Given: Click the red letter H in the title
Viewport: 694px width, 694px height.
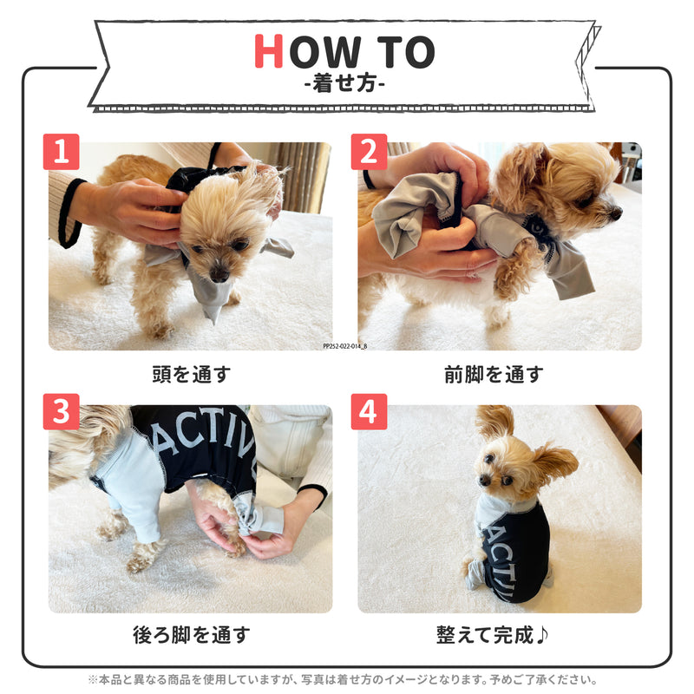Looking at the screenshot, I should click(269, 52).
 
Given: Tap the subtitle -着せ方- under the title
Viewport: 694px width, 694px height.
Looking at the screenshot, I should click(346, 85).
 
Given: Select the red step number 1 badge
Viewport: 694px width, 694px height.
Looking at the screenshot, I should click(61, 152).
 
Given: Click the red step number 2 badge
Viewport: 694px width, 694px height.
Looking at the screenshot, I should click(369, 152).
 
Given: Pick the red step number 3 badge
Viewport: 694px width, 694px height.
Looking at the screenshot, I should click(61, 412).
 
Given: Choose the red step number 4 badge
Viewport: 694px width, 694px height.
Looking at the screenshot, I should click(369, 412).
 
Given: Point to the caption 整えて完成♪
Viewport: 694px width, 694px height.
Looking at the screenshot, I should click(493, 634).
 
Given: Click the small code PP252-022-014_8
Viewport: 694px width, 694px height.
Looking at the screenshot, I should click(344, 345).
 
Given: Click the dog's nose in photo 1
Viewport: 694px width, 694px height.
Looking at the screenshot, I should click(223, 276).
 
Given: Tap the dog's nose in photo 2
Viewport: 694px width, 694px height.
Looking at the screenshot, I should click(616, 211).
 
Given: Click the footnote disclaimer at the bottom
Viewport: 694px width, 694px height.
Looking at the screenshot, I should click(346, 680).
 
